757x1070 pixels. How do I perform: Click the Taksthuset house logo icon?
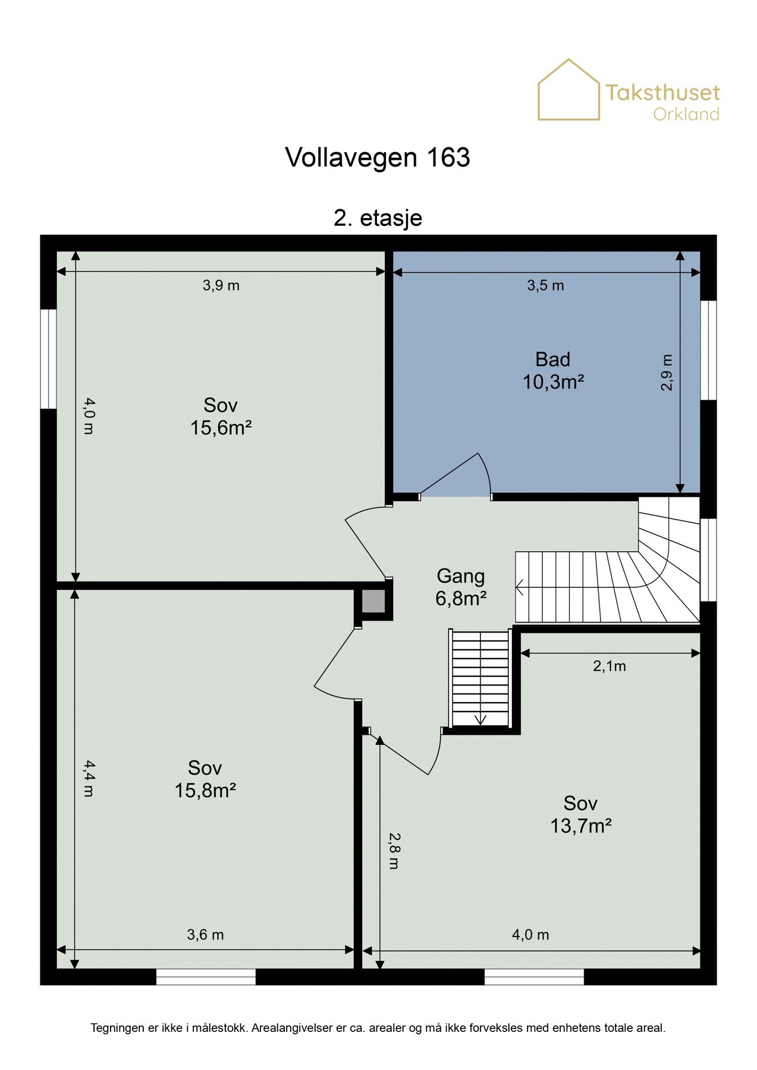click(568, 90)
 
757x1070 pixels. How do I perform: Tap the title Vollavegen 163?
click(378, 158)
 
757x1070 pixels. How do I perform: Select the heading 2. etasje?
click(378, 218)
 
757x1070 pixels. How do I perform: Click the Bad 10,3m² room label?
click(553, 370)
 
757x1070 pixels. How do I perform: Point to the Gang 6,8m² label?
click(461, 587)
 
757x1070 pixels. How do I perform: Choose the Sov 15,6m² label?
click(221, 416)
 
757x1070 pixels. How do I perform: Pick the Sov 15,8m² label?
click(205, 779)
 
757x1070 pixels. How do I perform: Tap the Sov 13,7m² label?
click(581, 814)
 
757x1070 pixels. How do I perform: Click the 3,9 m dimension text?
click(221, 285)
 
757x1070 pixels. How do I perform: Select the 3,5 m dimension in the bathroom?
click(545, 285)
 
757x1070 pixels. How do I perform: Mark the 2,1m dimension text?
click(610, 666)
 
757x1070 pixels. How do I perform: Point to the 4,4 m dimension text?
click(88, 778)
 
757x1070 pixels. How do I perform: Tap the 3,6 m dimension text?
click(205, 934)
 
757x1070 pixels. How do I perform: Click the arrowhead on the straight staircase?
click(480, 719)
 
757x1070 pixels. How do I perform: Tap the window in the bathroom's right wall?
click(708, 350)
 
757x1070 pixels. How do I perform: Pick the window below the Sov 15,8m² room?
click(206, 977)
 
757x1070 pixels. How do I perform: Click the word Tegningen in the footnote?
click(117, 1028)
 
